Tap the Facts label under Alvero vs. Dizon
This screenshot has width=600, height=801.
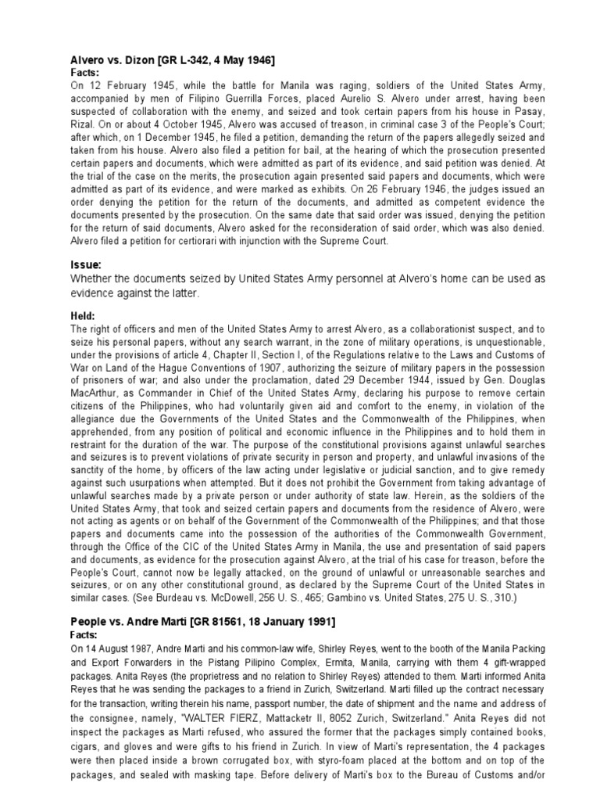(x=87, y=72)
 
